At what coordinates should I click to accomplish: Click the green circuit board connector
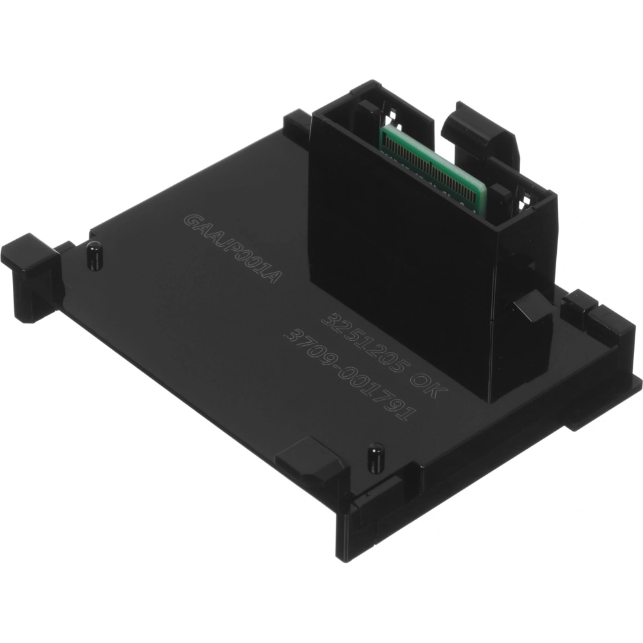(x=433, y=164)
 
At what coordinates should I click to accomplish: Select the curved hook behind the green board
(x=480, y=131)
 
